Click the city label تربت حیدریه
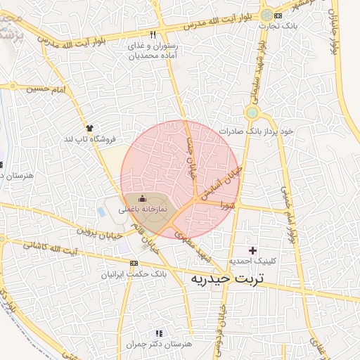(x=227, y=279)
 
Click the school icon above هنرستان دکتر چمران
(x=159, y=333)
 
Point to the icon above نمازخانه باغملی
(x=143, y=199)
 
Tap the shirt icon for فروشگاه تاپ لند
(x=89, y=127)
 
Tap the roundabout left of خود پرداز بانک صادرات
(x=252, y=112)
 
